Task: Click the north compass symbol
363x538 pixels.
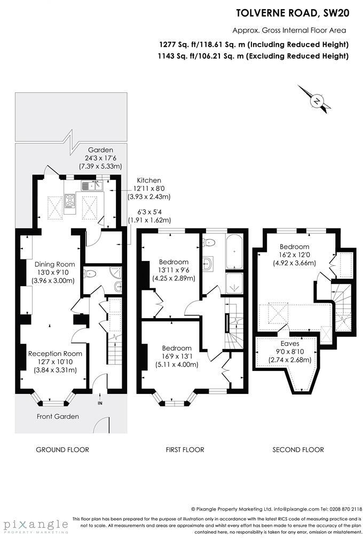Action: pos(317,100)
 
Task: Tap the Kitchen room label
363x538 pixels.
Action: pos(148,180)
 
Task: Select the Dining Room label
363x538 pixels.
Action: pos(54,264)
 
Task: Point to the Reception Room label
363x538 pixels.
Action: pos(55,353)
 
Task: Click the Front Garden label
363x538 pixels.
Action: pos(58,416)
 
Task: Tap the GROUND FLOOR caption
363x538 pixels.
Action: pos(62,449)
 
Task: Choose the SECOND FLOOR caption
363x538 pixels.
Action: pos(298,449)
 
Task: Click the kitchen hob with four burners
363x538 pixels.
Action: pos(70,201)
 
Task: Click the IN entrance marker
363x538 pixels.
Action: pos(100,403)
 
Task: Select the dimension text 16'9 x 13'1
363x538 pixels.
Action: pos(177,357)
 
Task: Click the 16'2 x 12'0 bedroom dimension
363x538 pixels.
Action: pos(294,255)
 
